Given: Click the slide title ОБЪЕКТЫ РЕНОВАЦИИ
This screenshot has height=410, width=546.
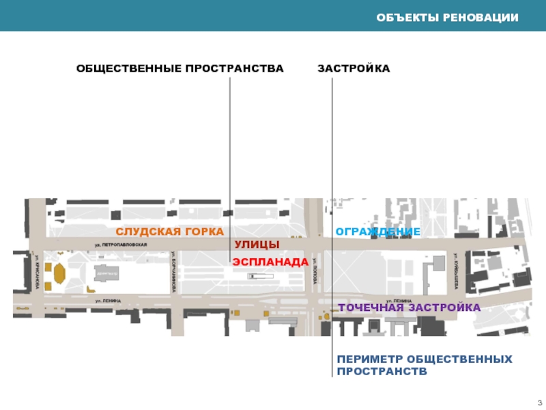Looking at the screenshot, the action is click(x=448, y=16).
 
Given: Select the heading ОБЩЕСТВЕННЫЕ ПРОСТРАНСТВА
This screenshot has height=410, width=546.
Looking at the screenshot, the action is click(x=179, y=69).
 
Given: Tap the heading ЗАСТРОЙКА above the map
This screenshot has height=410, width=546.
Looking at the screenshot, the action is click(x=354, y=69).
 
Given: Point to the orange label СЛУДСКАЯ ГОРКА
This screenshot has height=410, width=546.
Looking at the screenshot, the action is click(x=169, y=232).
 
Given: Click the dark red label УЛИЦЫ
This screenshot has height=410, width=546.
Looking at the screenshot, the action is click(x=257, y=245).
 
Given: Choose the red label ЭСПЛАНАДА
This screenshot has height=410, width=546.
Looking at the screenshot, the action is click(x=270, y=262).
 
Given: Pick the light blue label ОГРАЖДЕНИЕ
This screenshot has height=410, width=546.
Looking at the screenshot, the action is click(x=377, y=232).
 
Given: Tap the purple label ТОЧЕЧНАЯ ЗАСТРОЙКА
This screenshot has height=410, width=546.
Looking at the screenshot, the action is click(x=409, y=307).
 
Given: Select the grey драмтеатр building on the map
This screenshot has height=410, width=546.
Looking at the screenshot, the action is click(x=107, y=272).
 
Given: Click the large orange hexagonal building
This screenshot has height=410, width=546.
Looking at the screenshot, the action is click(x=59, y=273).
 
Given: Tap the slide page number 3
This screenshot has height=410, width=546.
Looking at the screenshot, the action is click(x=539, y=401).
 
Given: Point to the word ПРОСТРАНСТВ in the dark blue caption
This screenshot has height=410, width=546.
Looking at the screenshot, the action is click(x=381, y=372).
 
